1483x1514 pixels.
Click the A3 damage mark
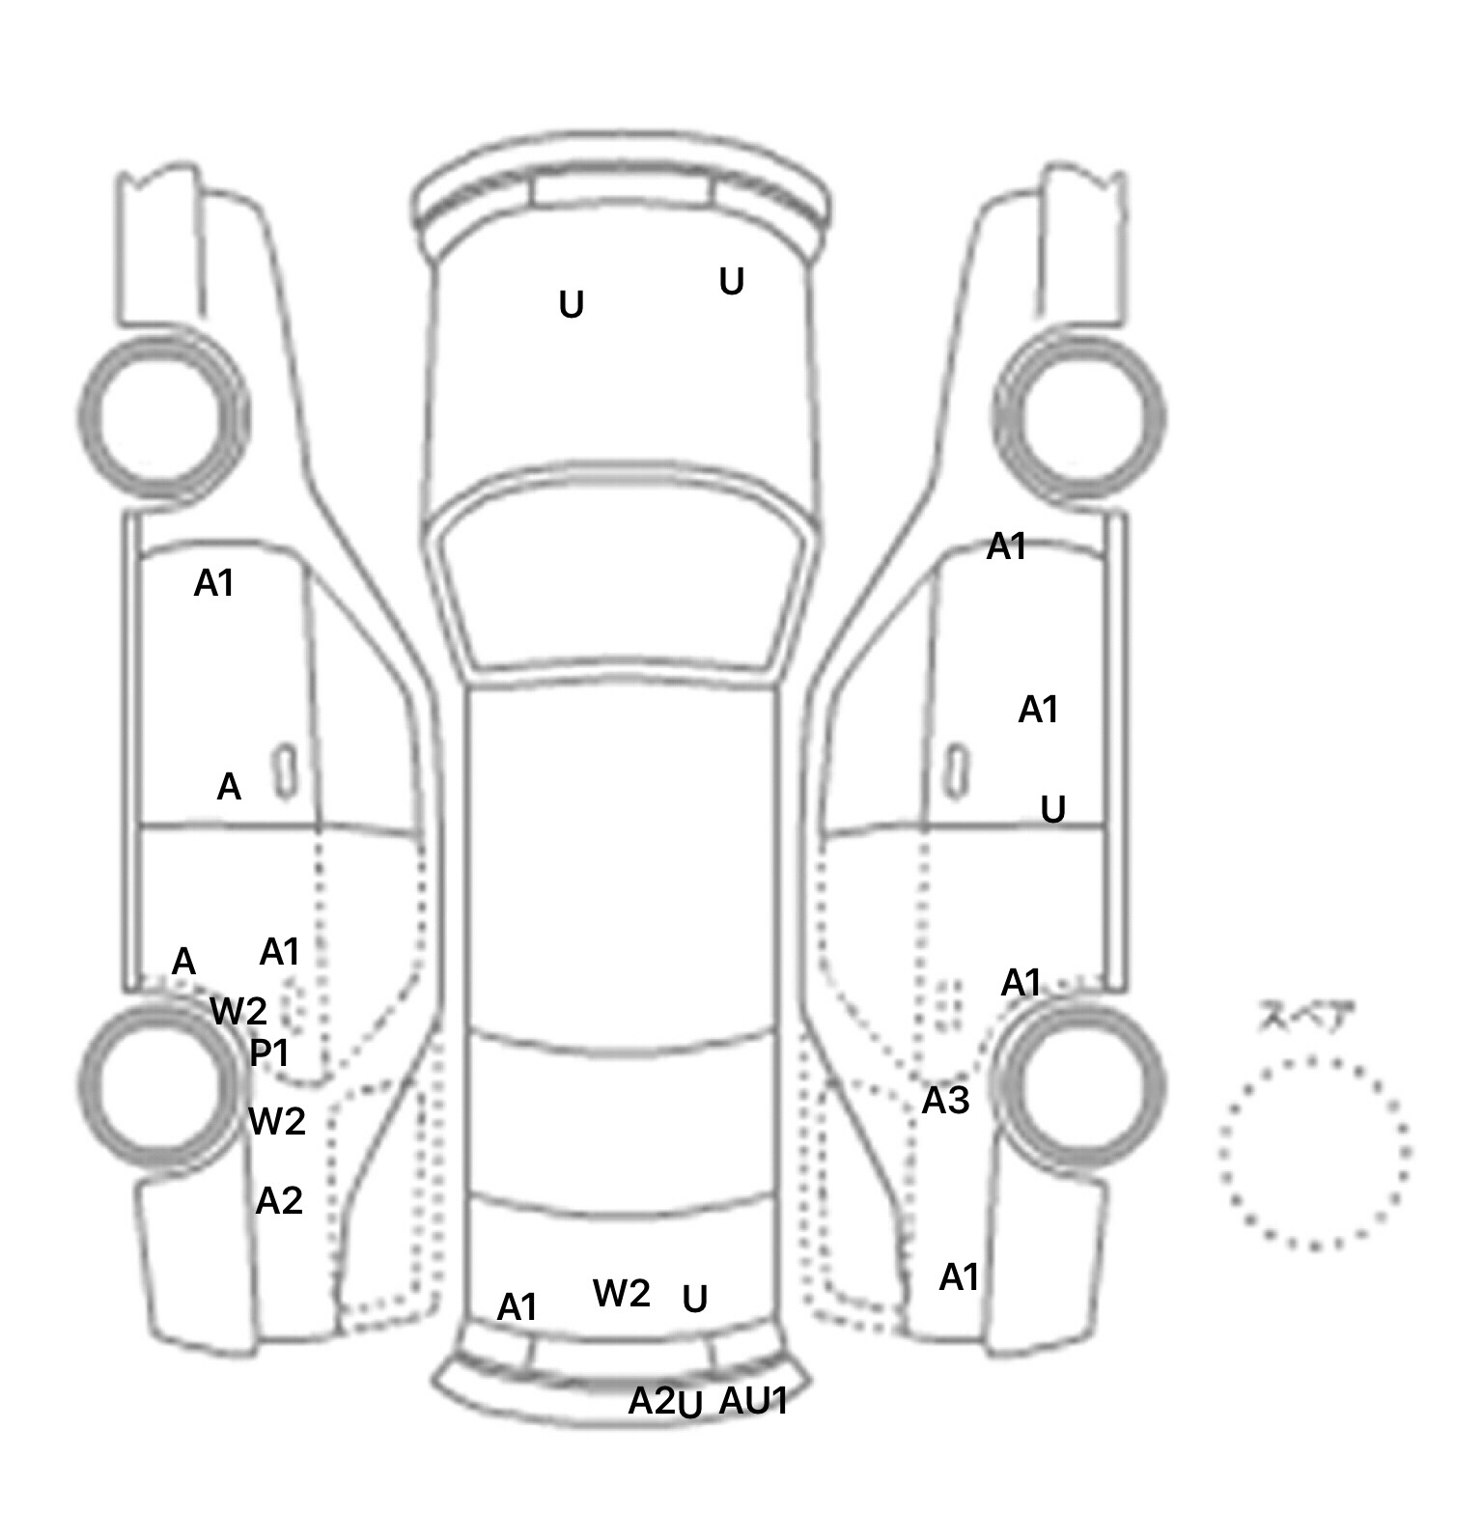pos(945,1100)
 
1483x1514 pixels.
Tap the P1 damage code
pos(269,1052)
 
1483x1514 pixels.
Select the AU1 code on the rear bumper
pos(753,1400)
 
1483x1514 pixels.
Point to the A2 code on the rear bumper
pos(651,1400)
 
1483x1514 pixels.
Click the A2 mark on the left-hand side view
pos(279,1200)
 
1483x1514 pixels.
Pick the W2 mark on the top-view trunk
pos(621,1293)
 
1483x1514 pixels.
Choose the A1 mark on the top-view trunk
pos(517,1307)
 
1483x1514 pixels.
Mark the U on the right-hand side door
pos(1052,809)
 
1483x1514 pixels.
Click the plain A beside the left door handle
pos(229,787)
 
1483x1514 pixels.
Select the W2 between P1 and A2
pos(277,1121)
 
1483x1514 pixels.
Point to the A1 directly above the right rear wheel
pos(1021,983)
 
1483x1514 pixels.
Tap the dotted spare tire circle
pos(1313,1152)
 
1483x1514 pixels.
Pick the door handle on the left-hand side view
pos(285,771)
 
